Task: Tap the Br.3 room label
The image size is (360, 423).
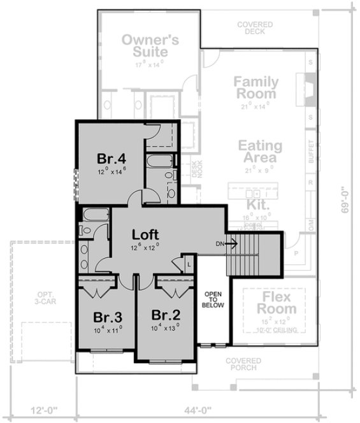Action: tap(103, 317)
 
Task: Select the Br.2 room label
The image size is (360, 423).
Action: tap(166, 314)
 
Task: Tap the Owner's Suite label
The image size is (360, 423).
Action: tap(150, 45)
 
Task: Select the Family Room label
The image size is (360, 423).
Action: tap(255, 87)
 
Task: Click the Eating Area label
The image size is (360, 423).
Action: tap(260, 150)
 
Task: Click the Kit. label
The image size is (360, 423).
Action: tap(258, 206)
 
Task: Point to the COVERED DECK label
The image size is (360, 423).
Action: tap(255, 27)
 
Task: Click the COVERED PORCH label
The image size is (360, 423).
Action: tap(241, 364)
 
